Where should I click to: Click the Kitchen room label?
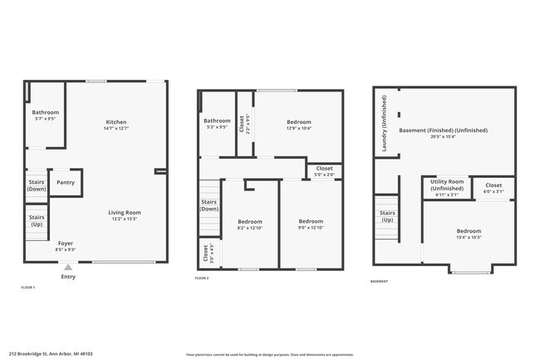[x=115, y=122]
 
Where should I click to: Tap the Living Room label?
[x=125, y=213]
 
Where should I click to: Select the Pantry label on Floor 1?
[x=66, y=182]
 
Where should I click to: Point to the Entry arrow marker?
[x=68, y=267]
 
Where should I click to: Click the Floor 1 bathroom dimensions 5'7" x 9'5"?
[x=46, y=119]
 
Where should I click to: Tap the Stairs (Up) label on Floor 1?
[x=37, y=221]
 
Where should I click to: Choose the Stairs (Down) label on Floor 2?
[x=209, y=205]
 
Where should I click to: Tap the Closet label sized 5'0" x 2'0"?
[x=324, y=171]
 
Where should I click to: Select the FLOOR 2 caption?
[x=202, y=278]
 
